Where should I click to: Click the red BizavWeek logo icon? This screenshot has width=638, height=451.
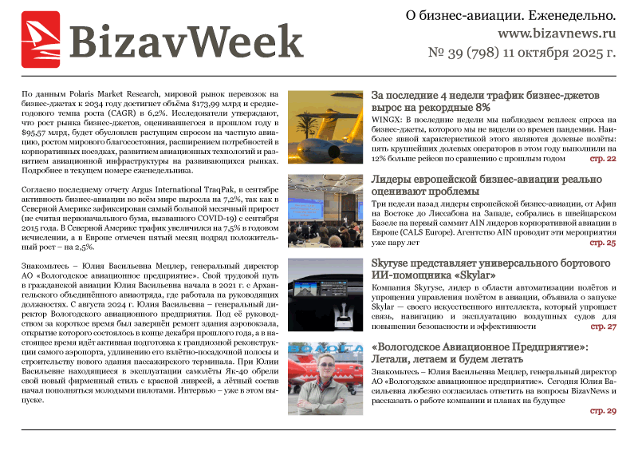coord(40,41)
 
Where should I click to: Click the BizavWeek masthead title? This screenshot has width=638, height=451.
coord(186,41)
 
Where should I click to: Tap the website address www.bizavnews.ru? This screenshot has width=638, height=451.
coord(557,34)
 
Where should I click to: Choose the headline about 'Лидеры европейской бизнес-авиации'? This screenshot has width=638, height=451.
coord(494,185)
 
